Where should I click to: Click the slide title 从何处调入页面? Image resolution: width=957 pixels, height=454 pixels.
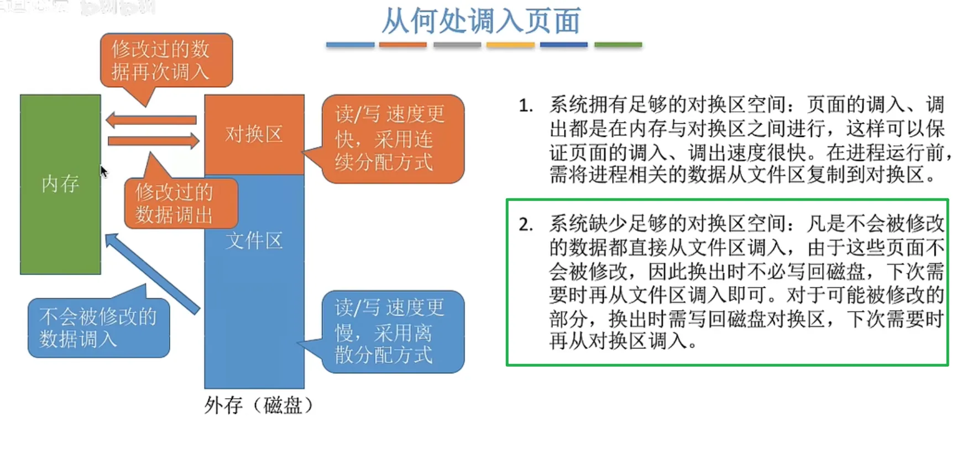click(x=481, y=21)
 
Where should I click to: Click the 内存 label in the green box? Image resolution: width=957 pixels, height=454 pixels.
click(x=60, y=184)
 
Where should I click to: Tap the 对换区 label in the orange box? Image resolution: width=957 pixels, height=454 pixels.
click(x=254, y=134)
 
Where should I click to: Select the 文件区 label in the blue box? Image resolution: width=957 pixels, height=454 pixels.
click(x=254, y=241)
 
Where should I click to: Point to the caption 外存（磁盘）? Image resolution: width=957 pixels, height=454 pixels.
click(x=259, y=405)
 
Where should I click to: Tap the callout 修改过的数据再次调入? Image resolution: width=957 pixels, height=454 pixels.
click(x=165, y=60)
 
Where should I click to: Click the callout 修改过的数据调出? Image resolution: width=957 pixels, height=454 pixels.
click(x=180, y=203)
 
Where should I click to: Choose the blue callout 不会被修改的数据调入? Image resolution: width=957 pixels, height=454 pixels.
click(x=98, y=328)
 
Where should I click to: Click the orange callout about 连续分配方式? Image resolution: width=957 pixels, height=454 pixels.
click(x=392, y=139)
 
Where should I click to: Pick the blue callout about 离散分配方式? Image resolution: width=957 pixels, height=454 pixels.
click(x=392, y=331)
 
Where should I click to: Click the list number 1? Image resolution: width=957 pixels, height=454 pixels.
click(x=526, y=105)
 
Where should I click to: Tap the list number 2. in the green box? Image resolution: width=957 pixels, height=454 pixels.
click(x=526, y=224)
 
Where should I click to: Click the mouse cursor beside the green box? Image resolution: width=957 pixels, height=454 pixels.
click(x=103, y=172)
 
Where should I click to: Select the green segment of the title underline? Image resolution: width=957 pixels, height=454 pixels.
click(x=618, y=45)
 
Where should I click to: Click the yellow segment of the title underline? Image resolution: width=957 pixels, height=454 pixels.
click(x=510, y=45)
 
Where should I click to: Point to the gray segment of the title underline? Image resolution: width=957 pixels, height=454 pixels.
click(x=457, y=45)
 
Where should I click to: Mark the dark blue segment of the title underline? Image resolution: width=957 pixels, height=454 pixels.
click(x=563, y=45)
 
